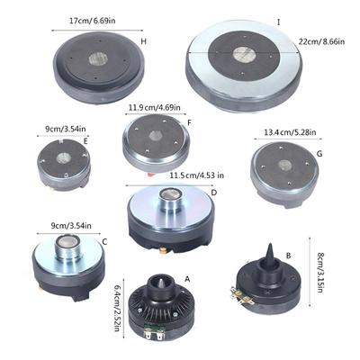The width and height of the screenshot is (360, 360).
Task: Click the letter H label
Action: point(144,41)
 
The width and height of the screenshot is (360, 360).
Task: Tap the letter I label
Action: point(279,22)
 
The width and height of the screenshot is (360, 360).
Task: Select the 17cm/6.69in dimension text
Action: point(93,21)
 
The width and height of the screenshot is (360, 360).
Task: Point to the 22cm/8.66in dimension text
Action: point(321,41)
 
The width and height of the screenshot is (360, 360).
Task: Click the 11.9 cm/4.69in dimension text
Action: point(155,107)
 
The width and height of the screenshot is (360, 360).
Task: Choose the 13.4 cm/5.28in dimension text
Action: point(290,132)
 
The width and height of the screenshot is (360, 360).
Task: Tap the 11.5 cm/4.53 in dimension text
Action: point(197,175)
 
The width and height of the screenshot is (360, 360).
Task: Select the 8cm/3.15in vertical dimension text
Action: point(319,273)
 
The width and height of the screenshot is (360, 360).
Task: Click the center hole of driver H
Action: point(98,58)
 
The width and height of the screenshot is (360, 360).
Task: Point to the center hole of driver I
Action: point(245,55)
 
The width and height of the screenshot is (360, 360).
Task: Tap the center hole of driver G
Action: point(284,165)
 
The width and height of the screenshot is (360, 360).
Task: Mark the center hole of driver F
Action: point(157,136)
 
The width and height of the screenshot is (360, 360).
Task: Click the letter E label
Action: point(85,141)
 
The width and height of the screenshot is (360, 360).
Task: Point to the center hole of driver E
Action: point(63,157)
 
